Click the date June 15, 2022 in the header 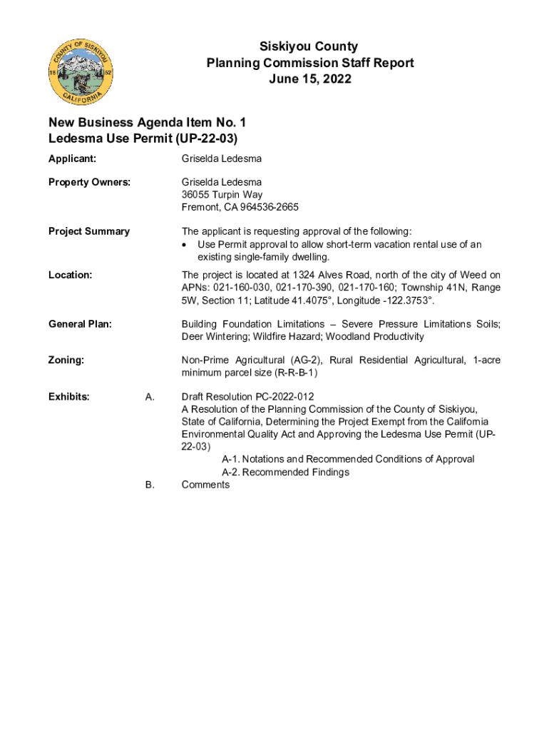(309, 79)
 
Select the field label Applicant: (73, 159)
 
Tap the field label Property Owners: (89, 182)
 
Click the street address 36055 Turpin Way (222, 195)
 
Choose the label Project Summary (89, 231)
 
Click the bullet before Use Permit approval (185, 245)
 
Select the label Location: (70, 275)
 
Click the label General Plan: (80, 324)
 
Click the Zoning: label (66, 361)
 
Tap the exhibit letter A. (150, 397)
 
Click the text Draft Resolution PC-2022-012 (247, 397)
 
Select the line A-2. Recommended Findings (285, 473)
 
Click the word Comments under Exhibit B (205, 485)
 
